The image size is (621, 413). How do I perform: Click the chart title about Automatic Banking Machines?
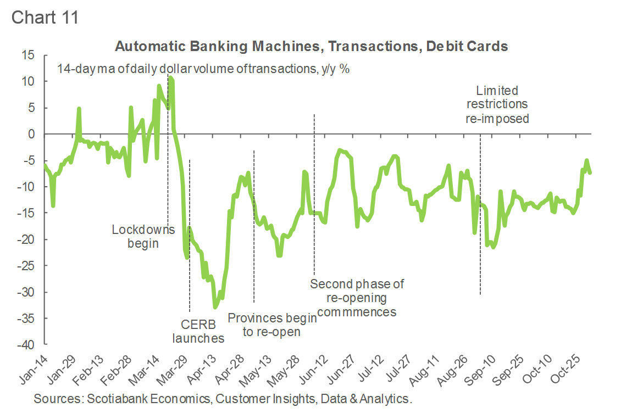point(311,47)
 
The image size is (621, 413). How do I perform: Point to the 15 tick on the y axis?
point(28,55)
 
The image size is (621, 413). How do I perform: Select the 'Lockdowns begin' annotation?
point(143,236)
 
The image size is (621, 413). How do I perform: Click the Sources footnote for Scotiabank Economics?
point(223,398)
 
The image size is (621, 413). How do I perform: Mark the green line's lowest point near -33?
point(215,307)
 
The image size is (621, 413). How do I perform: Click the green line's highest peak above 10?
point(170,78)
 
